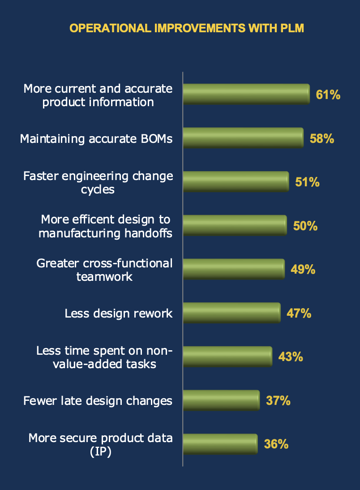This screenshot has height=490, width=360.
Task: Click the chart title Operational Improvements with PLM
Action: [x=187, y=28]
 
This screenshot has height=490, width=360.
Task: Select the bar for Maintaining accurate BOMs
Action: [x=243, y=138]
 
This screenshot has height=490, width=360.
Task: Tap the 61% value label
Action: [x=328, y=95]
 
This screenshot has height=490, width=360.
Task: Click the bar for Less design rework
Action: [x=232, y=313]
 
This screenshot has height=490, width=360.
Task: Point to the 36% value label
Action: [x=276, y=444]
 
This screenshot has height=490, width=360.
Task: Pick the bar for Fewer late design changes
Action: [x=221, y=400]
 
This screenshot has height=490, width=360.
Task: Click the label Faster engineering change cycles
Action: [x=98, y=182]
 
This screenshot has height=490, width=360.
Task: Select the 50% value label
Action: [x=305, y=226]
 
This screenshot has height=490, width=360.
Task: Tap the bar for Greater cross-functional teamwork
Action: [x=234, y=269]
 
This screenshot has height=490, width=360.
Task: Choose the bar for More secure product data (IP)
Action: [x=220, y=444]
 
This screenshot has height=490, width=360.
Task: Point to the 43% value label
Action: [x=291, y=357]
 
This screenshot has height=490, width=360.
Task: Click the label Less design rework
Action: [x=119, y=314]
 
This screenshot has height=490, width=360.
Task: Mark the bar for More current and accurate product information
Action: [x=246, y=94]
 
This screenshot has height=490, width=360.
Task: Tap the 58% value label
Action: [x=322, y=138]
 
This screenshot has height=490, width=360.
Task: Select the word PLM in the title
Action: [x=292, y=28]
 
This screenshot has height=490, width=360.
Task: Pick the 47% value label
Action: [x=299, y=313]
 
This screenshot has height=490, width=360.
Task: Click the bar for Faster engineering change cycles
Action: [x=236, y=181]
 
